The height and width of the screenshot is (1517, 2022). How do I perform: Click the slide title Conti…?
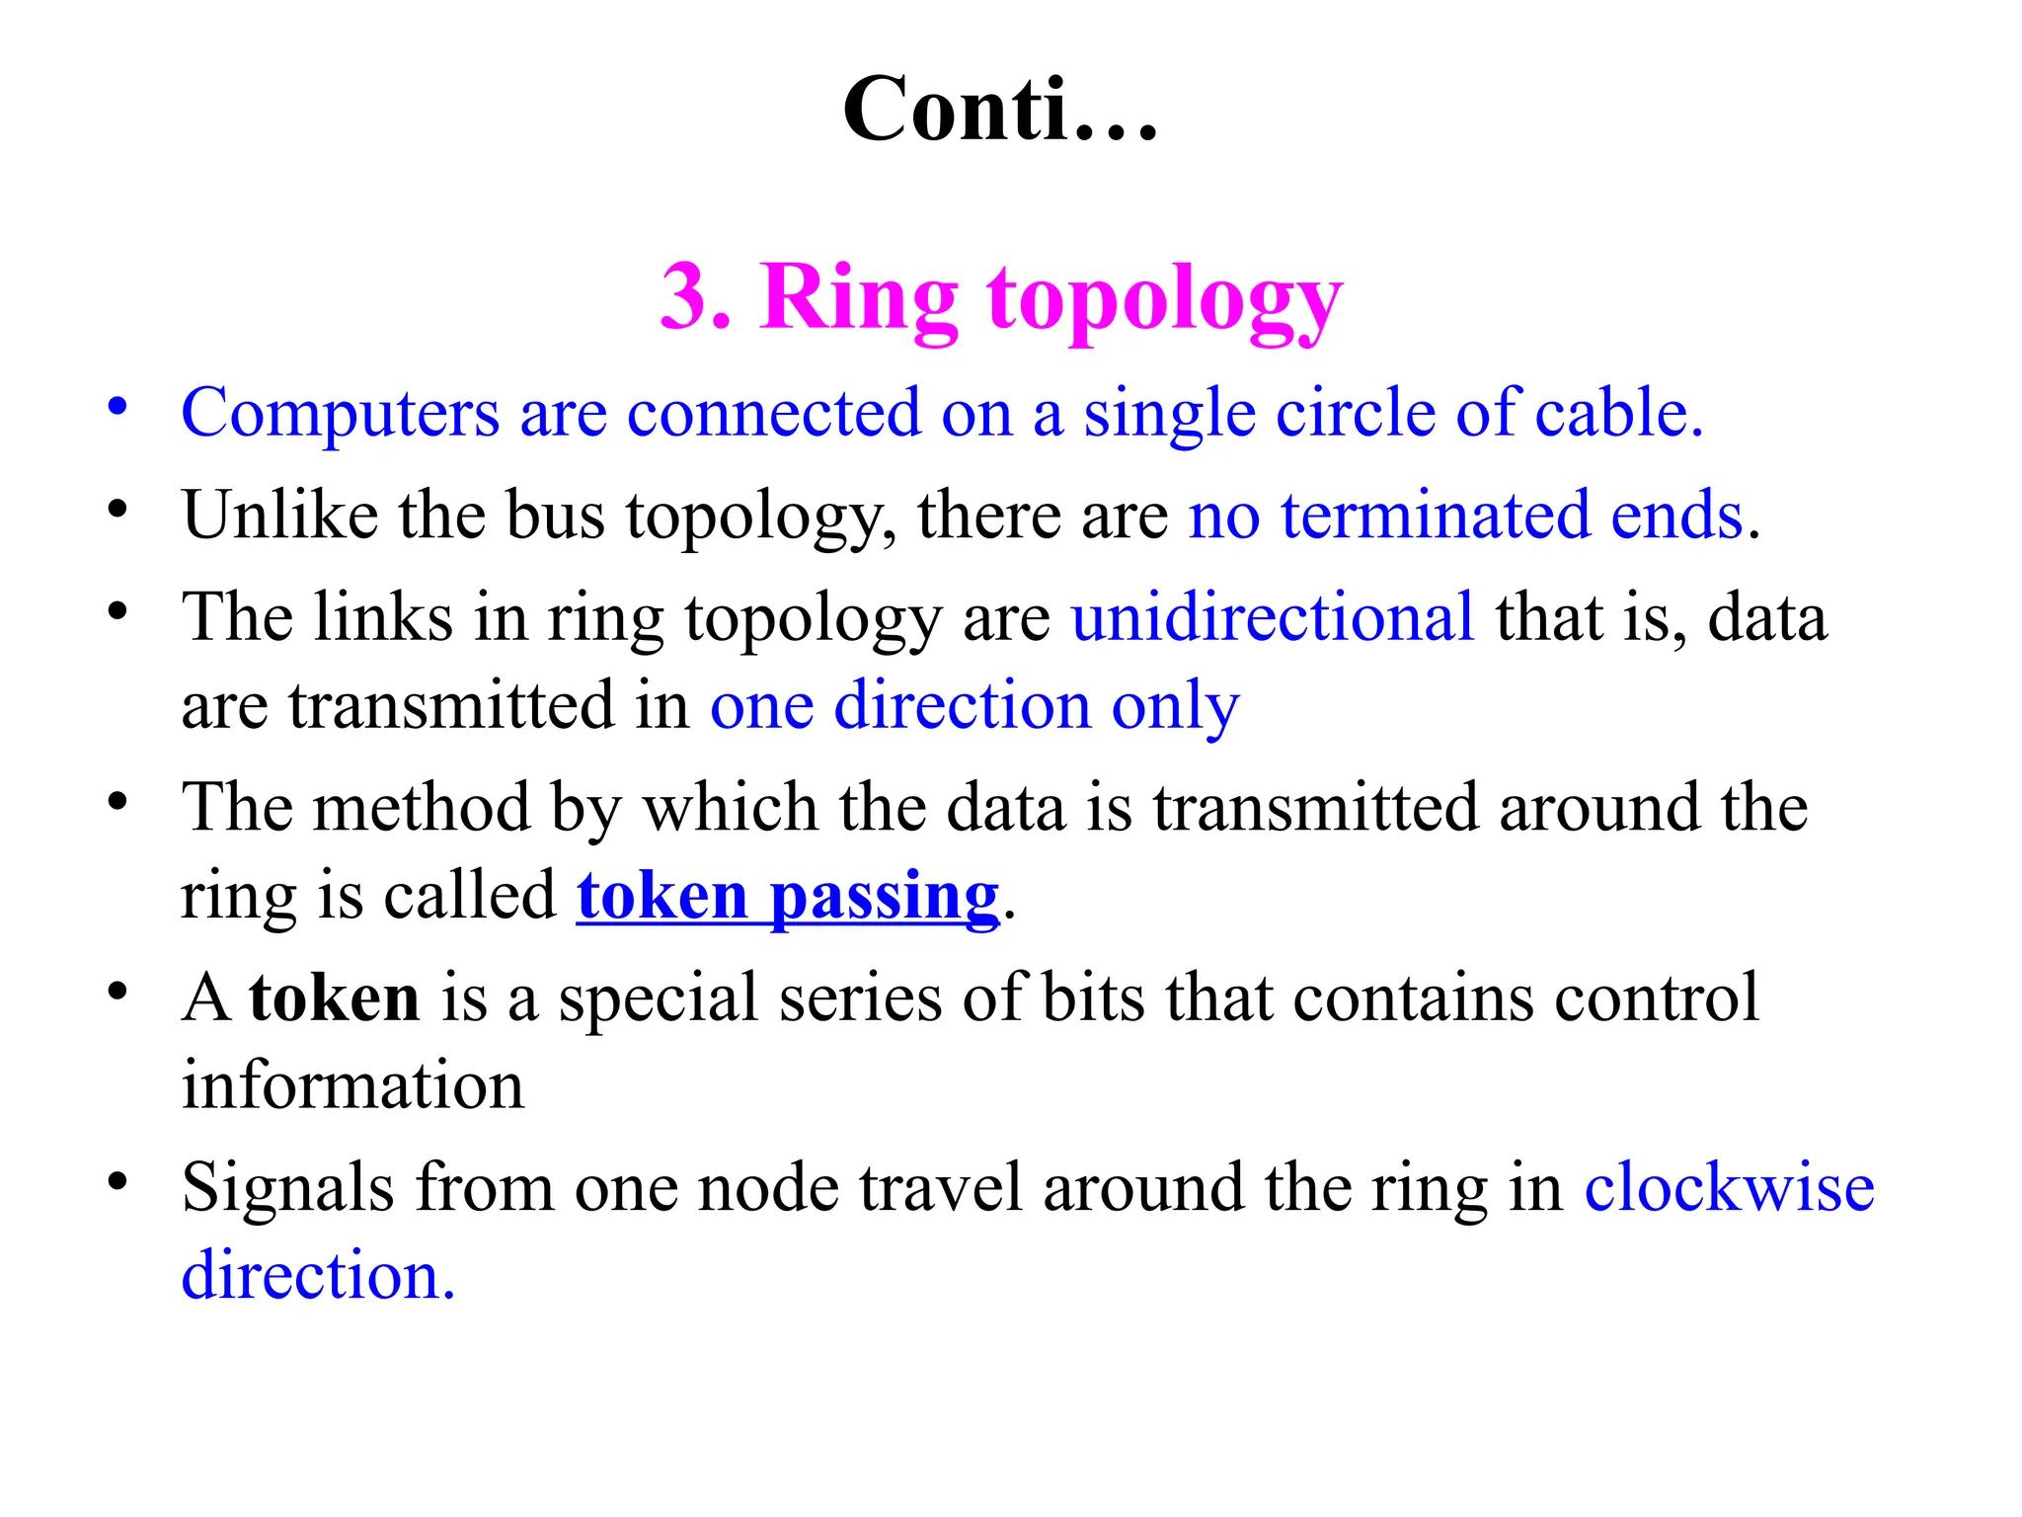click(x=999, y=110)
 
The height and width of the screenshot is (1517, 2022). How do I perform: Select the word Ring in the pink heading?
click(x=858, y=299)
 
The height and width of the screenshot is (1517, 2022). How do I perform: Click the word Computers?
click(x=340, y=413)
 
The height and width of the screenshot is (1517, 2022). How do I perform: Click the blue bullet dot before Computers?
click(x=118, y=407)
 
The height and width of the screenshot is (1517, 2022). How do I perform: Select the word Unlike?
click(x=279, y=515)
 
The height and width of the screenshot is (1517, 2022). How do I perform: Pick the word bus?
click(x=555, y=515)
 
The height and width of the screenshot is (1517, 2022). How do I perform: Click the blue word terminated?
click(x=1436, y=515)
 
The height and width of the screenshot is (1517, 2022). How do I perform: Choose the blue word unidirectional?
click(x=1273, y=617)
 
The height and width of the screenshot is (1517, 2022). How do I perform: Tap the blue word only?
click(x=1175, y=707)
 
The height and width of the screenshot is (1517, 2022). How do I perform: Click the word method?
click(x=423, y=808)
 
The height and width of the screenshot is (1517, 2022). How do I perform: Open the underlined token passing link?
click(x=788, y=897)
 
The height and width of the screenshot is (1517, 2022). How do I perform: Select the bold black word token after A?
click(x=335, y=998)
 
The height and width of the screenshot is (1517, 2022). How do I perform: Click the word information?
click(x=352, y=1085)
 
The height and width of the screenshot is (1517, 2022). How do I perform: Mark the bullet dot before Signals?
click(x=118, y=1181)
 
